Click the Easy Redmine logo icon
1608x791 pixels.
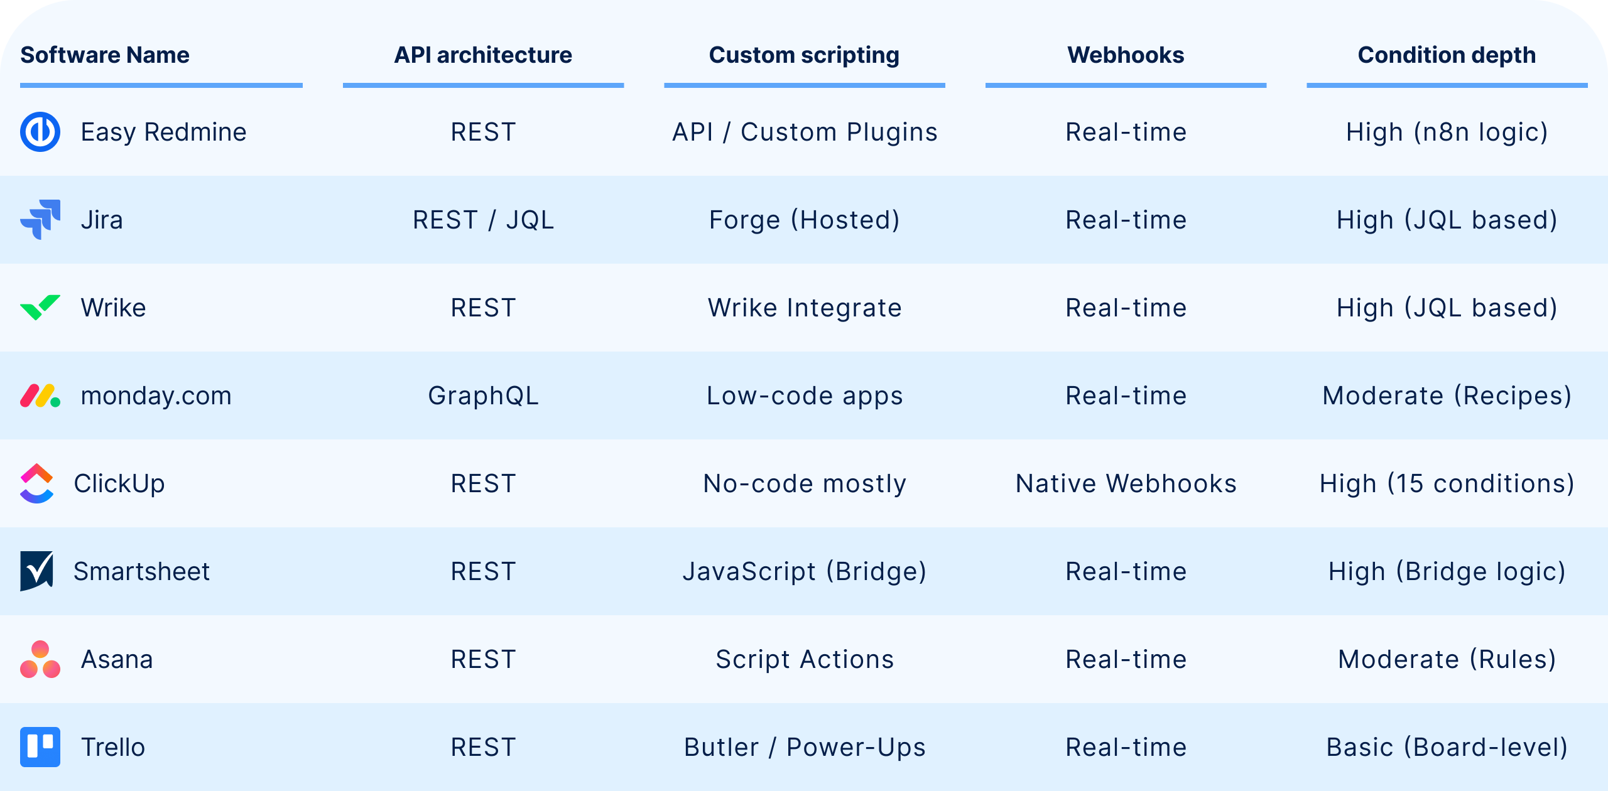tap(40, 132)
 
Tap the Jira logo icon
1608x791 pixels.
tap(40, 220)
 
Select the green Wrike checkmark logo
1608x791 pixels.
tap(40, 308)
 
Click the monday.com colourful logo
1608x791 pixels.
tap(40, 395)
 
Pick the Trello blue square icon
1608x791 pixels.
tap(40, 747)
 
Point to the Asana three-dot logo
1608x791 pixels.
tap(40, 659)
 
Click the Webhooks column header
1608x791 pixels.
tap(1126, 55)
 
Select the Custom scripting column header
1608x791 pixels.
tap(804, 55)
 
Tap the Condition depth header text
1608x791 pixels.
tap(1447, 55)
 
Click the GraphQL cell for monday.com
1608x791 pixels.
tap(483, 395)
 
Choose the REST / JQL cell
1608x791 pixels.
tap(483, 220)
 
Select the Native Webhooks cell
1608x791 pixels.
tap(1126, 483)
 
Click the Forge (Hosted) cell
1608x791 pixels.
tap(804, 220)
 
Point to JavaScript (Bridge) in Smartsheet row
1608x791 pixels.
tap(804, 571)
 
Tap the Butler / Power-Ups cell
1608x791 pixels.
tap(804, 747)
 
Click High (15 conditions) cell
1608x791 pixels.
tap(1447, 483)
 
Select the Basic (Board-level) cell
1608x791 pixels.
tap(1447, 747)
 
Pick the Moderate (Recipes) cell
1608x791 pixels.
tap(1447, 395)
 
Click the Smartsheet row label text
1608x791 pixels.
tap(141, 571)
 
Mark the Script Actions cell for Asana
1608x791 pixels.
tap(804, 659)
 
